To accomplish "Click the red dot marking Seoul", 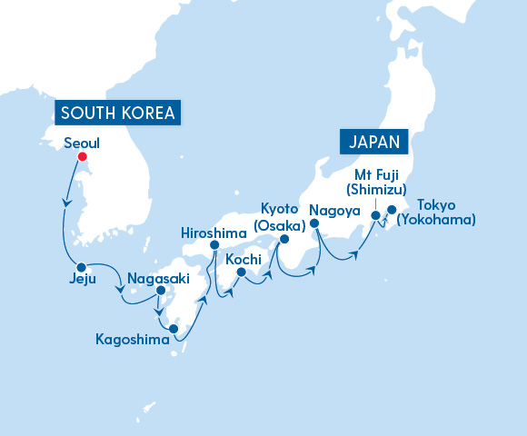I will [82, 157].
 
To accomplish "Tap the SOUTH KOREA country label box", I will [116, 114].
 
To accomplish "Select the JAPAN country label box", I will [373, 142].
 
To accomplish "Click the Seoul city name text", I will [83, 143].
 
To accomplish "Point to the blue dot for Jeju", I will [82, 267].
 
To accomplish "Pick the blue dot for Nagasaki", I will [161, 292].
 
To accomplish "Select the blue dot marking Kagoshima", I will [174, 329].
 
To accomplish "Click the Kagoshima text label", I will [133, 341].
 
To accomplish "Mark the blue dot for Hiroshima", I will [214, 245].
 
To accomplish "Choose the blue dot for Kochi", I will [241, 271].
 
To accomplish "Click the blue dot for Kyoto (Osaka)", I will [283, 240].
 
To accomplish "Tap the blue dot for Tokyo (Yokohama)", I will [392, 210].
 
